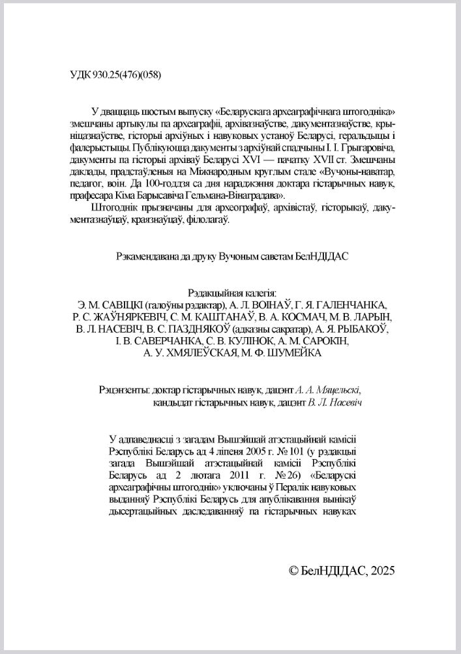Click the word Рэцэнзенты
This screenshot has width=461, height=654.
[x=121, y=390]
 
